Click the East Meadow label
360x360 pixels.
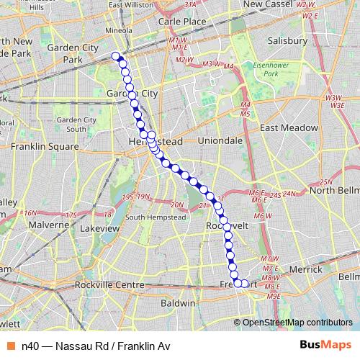click(289, 127)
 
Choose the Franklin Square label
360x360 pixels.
click(45, 145)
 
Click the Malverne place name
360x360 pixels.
click(47, 225)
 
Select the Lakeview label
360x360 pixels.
click(99, 228)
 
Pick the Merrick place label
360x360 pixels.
click(305, 269)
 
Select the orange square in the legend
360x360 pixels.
click(12, 346)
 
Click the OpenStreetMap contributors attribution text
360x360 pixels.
click(297, 322)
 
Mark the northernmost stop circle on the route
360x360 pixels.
click(116, 56)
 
